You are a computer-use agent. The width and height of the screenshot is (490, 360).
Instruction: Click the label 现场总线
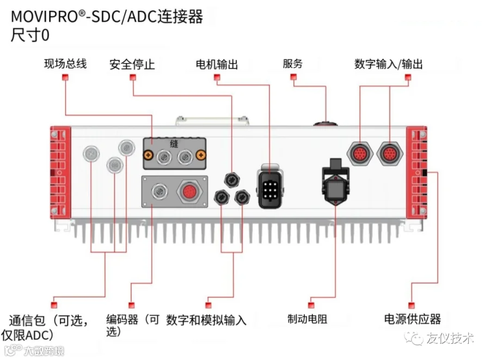tap(65, 64)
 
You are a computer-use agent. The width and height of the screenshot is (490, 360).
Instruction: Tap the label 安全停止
tap(132, 64)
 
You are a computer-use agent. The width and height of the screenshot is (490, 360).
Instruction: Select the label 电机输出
tap(217, 64)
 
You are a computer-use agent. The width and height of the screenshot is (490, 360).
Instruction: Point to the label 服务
tap(292, 63)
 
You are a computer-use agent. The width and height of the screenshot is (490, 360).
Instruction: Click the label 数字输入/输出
tap(388, 64)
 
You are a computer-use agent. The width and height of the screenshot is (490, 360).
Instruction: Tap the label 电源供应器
tap(412, 319)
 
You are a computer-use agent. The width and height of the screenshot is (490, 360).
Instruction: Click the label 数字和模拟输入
tap(206, 319)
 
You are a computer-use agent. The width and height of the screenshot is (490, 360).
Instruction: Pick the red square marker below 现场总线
tap(65, 78)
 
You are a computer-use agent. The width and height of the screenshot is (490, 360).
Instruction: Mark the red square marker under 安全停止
tap(132, 78)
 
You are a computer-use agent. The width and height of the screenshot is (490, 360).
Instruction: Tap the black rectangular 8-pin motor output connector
tap(270, 186)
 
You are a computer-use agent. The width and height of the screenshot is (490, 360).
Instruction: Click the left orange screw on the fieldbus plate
tap(148, 156)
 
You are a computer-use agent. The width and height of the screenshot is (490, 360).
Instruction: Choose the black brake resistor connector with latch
tap(334, 186)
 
